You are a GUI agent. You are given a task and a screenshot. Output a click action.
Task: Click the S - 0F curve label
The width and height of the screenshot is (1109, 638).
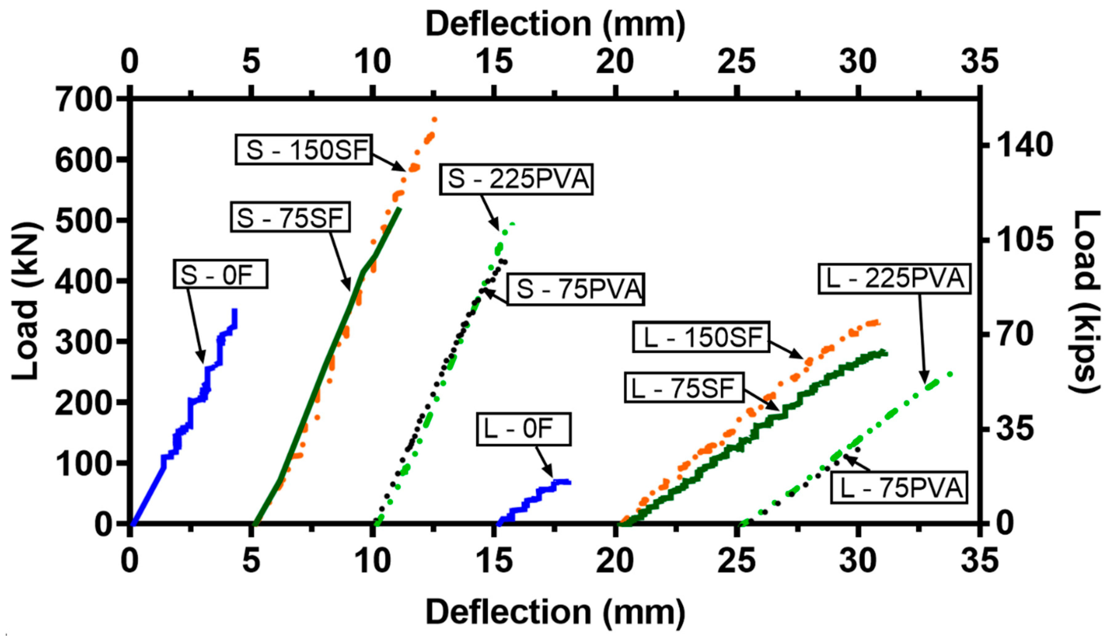[x=220, y=274]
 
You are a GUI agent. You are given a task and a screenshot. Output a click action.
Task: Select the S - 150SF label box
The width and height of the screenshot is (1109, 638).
[x=304, y=150]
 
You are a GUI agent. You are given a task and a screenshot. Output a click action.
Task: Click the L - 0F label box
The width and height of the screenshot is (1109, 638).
[x=524, y=429]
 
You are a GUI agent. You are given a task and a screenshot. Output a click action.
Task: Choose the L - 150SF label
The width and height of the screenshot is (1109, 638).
[x=701, y=337]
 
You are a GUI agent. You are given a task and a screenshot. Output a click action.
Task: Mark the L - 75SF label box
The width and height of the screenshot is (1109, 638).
[x=684, y=388]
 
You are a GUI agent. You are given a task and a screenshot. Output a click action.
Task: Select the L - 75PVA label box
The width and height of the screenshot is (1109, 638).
[x=899, y=488]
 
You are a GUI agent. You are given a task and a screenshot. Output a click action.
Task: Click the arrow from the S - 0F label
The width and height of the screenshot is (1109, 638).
[x=196, y=325]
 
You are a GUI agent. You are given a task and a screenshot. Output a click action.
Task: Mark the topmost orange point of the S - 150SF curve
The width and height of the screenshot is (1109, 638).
[x=435, y=119]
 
